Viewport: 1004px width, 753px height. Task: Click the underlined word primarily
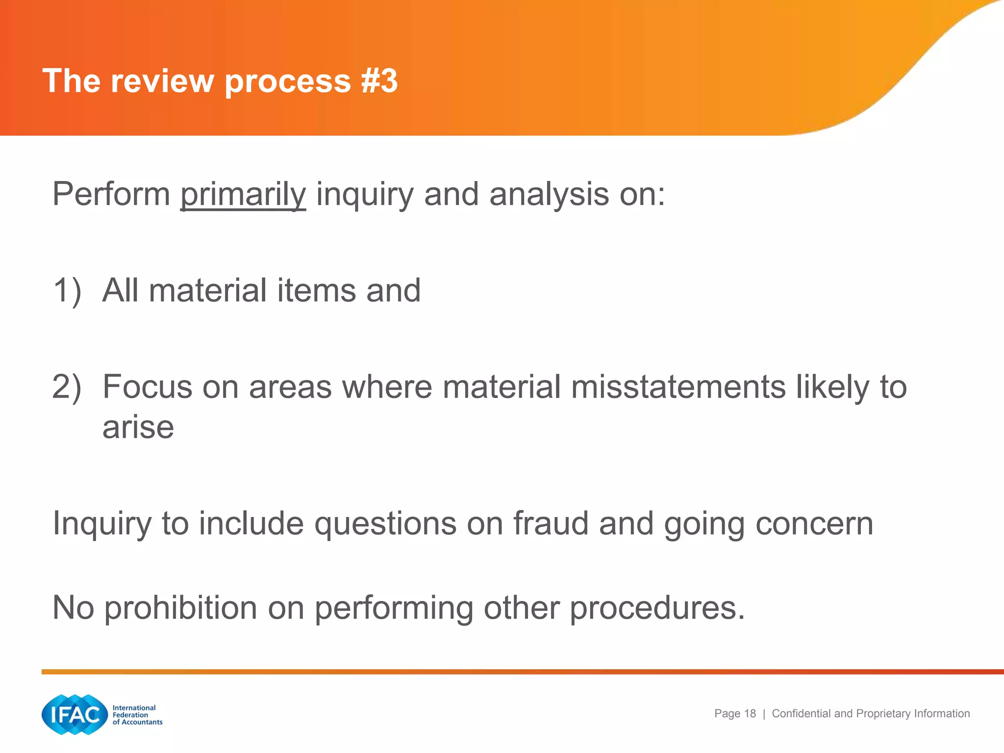point(243,195)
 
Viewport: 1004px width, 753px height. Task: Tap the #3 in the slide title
point(379,81)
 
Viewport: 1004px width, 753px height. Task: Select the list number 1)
point(67,290)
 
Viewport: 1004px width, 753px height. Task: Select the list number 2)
point(67,387)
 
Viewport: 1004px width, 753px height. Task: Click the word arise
point(138,427)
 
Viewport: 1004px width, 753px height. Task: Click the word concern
point(814,524)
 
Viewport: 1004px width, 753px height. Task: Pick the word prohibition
point(181,608)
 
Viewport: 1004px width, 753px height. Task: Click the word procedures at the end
point(657,608)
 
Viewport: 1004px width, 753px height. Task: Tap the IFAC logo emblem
point(75,714)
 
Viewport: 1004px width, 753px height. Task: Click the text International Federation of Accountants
point(137,715)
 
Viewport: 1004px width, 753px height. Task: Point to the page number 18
point(750,714)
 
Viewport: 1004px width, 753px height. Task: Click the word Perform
point(111,195)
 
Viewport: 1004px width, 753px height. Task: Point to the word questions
point(385,524)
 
